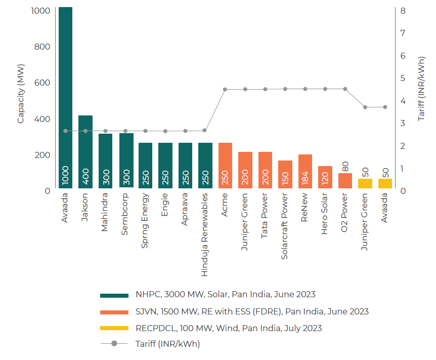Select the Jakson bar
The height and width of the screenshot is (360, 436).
[x=85, y=152]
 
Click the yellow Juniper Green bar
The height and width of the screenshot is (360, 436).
[x=365, y=183]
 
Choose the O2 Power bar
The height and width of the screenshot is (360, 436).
[x=345, y=181]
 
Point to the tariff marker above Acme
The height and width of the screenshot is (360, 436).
[x=225, y=89]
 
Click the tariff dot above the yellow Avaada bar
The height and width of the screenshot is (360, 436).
[x=385, y=107]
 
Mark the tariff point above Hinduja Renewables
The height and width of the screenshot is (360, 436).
[x=205, y=130]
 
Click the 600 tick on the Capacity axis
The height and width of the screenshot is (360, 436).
[x=42, y=83]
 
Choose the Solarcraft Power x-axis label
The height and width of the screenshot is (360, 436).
[x=285, y=226]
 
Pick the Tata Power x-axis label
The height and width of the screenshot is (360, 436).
[x=265, y=218]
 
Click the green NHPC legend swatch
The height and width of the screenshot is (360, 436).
[x=114, y=295]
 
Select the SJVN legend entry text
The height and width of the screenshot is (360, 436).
[x=252, y=311]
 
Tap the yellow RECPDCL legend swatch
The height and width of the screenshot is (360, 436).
[x=114, y=328]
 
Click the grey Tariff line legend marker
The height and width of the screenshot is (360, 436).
[x=114, y=344]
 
